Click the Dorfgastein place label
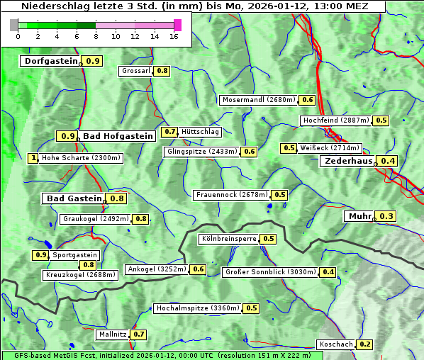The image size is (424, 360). tap(50, 61)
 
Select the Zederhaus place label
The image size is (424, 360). tap(348, 161)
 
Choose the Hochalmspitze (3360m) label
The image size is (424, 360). tap(198, 308)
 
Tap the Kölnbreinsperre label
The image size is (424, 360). tap(228, 239)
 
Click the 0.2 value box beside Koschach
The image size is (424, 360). tap(364, 344)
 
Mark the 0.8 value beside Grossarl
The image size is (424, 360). tap(162, 71)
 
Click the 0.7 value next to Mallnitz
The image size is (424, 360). tap(138, 334)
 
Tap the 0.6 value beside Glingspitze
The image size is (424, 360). tap(249, 152)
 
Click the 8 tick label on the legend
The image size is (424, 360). tap(96, 36)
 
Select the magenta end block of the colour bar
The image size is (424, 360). tap(177, 25)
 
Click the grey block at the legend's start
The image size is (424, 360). tap(14, 25)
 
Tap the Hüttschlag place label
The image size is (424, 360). tap(201, 132)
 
